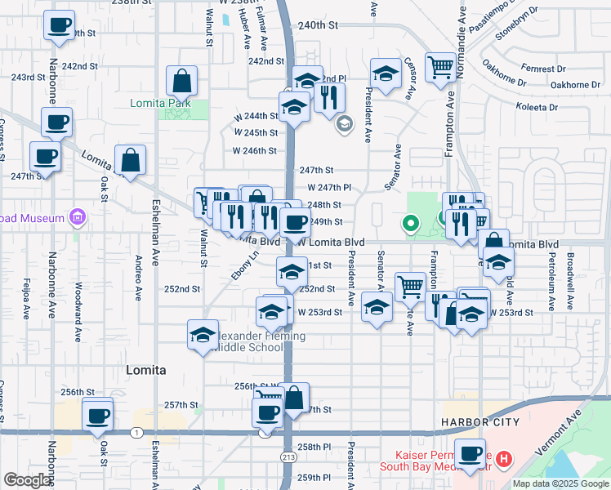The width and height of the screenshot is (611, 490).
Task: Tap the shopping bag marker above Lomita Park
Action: pyautogui.click(x=181, y=81)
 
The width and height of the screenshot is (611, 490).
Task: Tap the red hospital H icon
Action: pyautogui.click(x=503, y=459)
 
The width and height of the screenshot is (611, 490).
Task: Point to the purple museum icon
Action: pyautogui.click(x=78, y=217)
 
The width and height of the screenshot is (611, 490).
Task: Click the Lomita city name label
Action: pyautogui.click(x=146, y=370)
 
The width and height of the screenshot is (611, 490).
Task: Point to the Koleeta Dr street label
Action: pyautogui.click(x=536, y=107)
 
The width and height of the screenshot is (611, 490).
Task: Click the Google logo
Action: pyautogui.click(x=27, y=479)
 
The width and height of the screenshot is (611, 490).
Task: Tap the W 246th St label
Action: pyautogui.click(x=255, y=151)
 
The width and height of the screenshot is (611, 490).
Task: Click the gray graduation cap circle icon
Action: pyautogui.click(x=345, y=123)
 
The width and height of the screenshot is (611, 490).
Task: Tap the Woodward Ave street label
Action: pyautogui.click(x=78, y=311)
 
